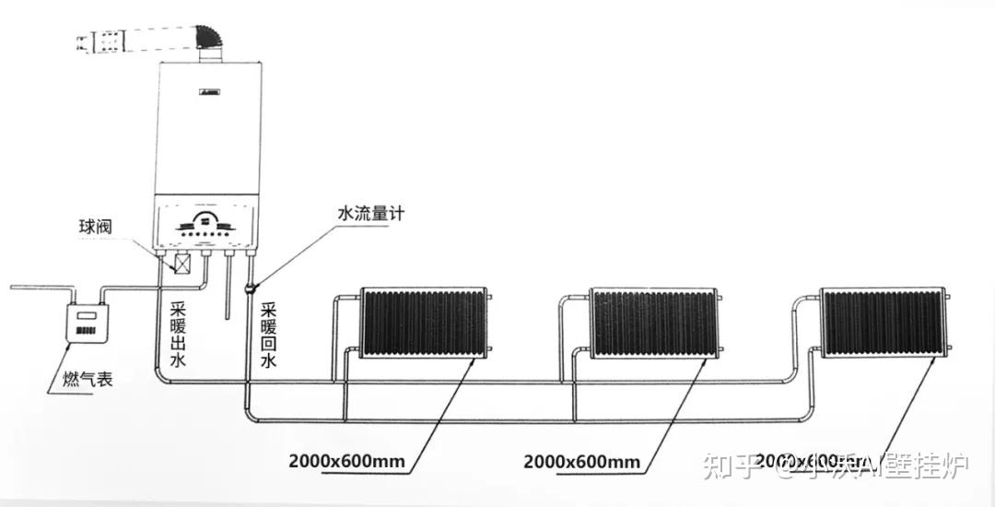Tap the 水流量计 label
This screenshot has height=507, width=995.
point(370,214)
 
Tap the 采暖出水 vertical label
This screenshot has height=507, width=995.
point(179,333)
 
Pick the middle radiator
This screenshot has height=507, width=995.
point(652,323)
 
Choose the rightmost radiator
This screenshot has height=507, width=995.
point(883,323)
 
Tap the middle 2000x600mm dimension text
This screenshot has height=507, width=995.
point(580,460)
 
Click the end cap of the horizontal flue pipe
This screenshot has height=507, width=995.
point(85,41)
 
